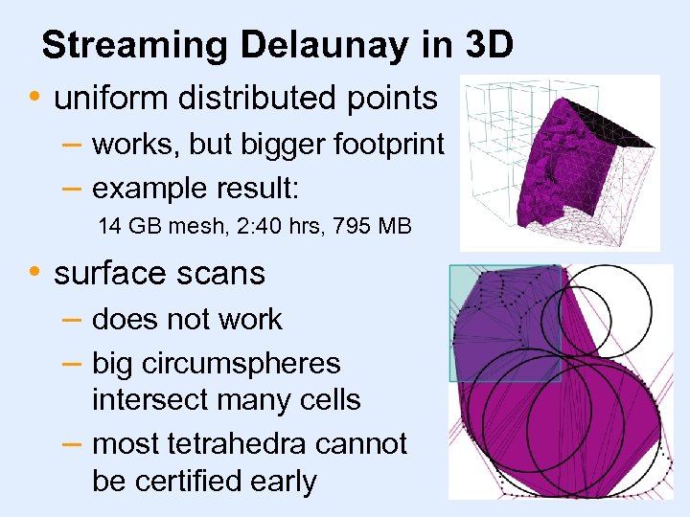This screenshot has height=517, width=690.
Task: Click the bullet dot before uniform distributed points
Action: click(35, 98)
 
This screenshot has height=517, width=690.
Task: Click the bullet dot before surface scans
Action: click(35, 273)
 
